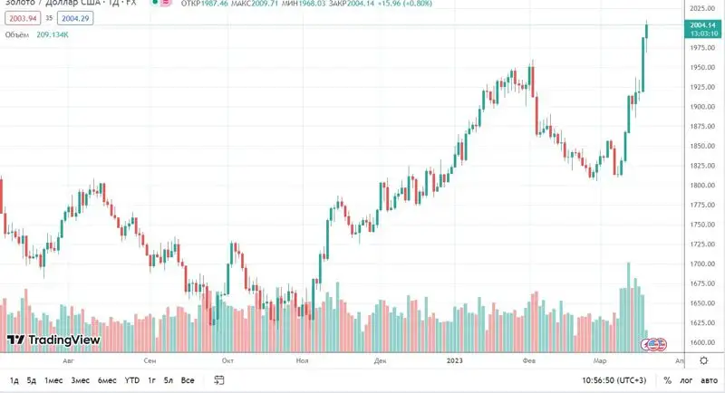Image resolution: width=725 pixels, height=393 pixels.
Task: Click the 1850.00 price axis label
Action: click(703, 146)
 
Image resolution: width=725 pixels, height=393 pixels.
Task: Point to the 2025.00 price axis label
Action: click(703, 8)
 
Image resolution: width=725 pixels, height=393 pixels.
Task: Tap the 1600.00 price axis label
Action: click(703, 343)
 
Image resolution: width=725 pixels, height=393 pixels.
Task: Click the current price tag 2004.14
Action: click(703, 25)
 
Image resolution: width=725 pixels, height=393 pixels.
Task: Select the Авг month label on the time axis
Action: click(69, 359)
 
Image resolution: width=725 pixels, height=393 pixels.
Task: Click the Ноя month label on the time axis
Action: click(303, 359)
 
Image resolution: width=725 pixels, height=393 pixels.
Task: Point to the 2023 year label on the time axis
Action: click(456, 359)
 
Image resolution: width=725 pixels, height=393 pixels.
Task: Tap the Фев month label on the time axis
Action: click(531, 359)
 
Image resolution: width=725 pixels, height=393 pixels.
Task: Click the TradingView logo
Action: click(53, 340)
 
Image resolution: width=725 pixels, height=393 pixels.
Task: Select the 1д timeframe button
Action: click(14, 380)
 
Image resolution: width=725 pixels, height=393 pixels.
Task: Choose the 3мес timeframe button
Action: click(80, 380)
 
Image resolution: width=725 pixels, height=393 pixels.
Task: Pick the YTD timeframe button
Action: click(132, 380)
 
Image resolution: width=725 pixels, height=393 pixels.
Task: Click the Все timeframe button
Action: click(188, 380)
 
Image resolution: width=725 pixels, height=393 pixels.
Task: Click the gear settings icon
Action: click(704, 359)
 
